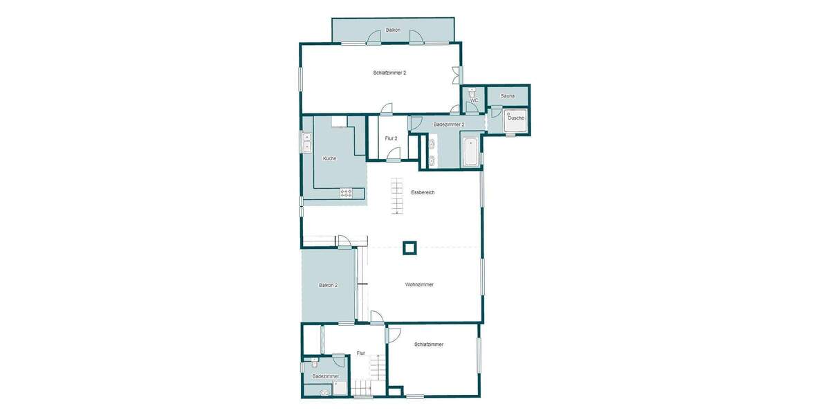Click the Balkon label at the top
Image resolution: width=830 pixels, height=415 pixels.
coord(393,30)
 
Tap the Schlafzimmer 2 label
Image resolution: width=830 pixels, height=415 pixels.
coord(389,73)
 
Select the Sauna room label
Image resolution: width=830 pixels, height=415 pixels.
coord(508,95)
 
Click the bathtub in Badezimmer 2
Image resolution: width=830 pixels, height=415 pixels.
coord(470,152)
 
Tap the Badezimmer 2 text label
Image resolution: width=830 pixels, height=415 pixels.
coord(448,124)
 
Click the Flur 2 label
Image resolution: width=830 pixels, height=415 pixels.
coord(391,138)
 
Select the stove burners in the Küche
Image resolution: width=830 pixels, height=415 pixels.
coord(347,193)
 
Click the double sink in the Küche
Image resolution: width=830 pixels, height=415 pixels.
coord(307,142)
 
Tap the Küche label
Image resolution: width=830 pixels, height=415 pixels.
coord(329,158)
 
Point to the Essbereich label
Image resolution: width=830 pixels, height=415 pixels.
coord(422,192)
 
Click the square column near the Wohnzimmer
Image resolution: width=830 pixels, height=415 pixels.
coord(409,247)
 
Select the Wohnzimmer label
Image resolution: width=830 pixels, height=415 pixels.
coord(419,284)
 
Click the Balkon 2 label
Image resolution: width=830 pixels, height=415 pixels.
coord(328,285)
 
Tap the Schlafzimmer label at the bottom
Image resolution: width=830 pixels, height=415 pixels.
coord(429,344)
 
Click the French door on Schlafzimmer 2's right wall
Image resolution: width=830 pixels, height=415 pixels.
coord(456,75)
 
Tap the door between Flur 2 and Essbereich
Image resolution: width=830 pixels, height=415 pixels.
coord(393,154)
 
